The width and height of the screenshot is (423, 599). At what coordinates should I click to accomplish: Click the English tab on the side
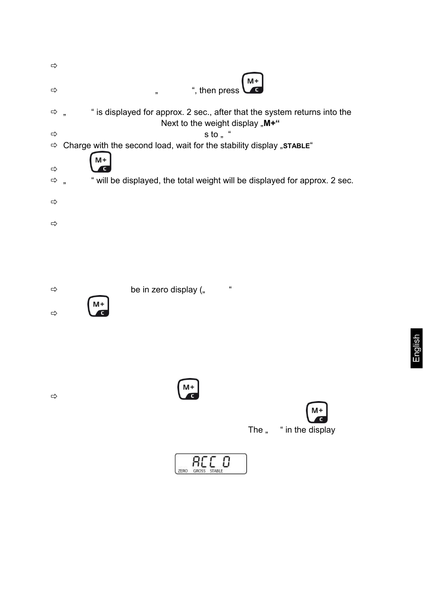(416, 348)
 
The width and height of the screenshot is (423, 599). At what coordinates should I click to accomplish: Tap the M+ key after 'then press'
(253, 83)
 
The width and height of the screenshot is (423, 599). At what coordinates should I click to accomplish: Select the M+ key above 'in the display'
(317, 412)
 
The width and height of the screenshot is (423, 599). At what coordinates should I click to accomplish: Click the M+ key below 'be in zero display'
(98, 306)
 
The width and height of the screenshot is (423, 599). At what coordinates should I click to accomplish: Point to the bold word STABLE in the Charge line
(296, 146)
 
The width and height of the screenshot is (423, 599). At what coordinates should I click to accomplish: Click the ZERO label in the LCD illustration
(183, 471)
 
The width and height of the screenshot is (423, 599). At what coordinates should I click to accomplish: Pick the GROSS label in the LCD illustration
(199, 471)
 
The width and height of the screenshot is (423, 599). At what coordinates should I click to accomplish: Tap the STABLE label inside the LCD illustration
(216, 471)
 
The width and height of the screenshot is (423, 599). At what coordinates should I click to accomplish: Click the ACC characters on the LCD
(204, 462)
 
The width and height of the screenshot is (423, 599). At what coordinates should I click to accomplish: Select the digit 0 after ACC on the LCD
(226, 462)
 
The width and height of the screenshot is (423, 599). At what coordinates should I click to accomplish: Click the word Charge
(77, 146)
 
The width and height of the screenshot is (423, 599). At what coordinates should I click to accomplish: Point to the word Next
(170, 123)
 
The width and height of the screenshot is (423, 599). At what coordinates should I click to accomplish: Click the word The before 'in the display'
(255, 430)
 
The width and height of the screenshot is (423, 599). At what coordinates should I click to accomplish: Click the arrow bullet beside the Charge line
(54, 146)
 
